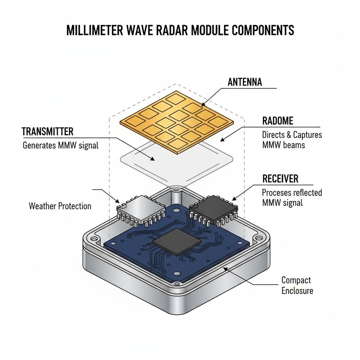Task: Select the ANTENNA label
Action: click(x=245, y=82)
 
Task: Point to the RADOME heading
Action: click(x=277, y=121)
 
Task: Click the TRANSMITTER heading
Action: click(x=47, y=131)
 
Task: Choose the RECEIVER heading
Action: click(x=280, y=179)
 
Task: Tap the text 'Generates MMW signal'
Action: click(x=60, y=145)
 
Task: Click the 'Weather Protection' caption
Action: click(x=60, y=206)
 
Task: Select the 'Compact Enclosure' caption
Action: click(x=297, y=285)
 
